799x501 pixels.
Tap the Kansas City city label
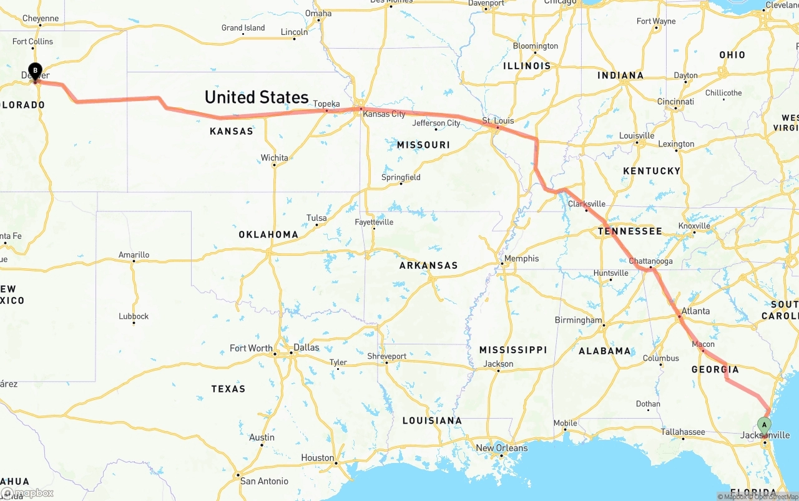pos(385,114)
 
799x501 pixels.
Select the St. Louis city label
pos(498,120)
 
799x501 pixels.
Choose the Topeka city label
pos(326,104)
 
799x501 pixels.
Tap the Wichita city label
pos(275,158)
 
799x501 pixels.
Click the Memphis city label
pos(521,258)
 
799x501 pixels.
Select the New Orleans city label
pos(502,448)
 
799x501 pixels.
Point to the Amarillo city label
pos(134,255)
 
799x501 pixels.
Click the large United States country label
pos(257,97)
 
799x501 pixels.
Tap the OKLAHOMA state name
pos(268,235)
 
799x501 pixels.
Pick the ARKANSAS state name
pos(429,265)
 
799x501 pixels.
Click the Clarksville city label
pos(587,203)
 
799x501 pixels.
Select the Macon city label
pos(703,344)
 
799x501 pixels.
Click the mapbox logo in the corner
pos(27,493)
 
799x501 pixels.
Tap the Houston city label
pos(318,457)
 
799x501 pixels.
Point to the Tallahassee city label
pos(683,432)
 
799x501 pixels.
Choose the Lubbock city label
pos(134,316)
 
